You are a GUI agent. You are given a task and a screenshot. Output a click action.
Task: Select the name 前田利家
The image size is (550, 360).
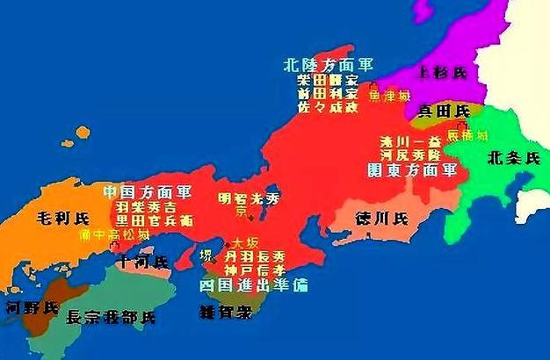click(326, 94)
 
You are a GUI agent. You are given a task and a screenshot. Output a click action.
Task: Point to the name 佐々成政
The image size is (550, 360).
click(326, 107)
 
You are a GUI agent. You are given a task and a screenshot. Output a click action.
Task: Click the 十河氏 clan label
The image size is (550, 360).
click(146, 261)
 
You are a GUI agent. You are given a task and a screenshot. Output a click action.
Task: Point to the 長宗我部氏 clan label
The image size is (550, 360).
click(111, 316)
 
